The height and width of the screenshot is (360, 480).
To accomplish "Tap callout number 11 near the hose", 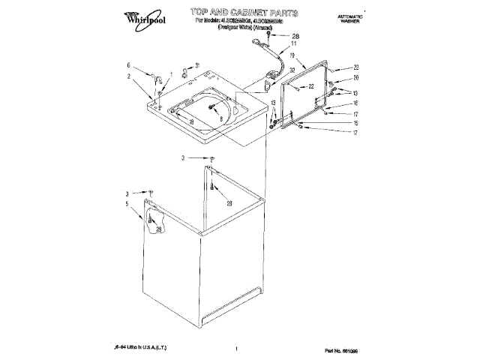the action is (294, 44).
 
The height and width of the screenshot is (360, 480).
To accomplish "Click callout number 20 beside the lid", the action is (356, 78).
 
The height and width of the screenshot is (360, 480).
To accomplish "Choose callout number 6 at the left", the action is (128, 65).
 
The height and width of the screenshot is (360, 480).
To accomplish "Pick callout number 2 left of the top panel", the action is (128, 76).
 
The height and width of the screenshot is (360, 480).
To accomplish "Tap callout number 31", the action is (197, 65).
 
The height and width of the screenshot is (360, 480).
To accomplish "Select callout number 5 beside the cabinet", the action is (128, 203).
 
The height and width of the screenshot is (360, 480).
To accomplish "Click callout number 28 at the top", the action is (294, 35).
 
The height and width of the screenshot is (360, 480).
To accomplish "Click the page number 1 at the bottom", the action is (237, 349).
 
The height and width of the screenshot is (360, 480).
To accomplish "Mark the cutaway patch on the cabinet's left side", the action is (154, 222).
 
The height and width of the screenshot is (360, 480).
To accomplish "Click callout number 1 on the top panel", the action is (172, 73).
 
